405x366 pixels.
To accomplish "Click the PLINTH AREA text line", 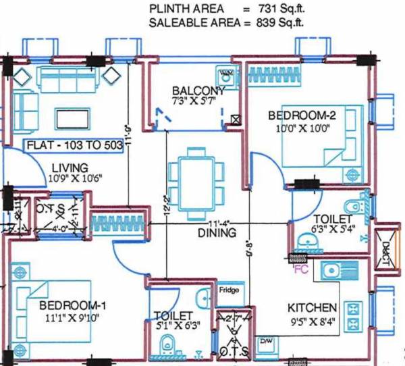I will pos(227,9).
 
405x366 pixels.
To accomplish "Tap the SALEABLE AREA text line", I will pos(227,22).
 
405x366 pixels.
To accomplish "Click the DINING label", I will pos(216,233).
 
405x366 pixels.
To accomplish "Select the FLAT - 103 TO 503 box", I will pos(73,145).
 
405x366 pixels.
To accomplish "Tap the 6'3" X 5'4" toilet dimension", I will pos(331,228).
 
